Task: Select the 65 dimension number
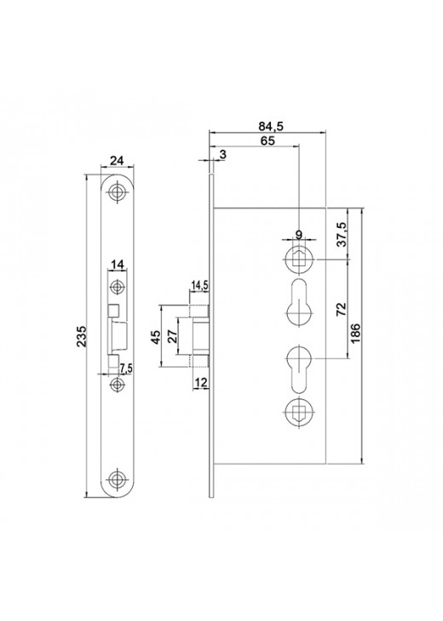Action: [268, 140]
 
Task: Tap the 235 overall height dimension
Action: [81, 336]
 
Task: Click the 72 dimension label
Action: [341, 309]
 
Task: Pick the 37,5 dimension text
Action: [342, 234]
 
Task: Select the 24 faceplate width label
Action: [117, 161]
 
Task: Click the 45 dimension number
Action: [157, 337]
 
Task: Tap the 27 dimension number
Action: [173, 337]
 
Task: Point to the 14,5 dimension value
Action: [200, 285]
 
